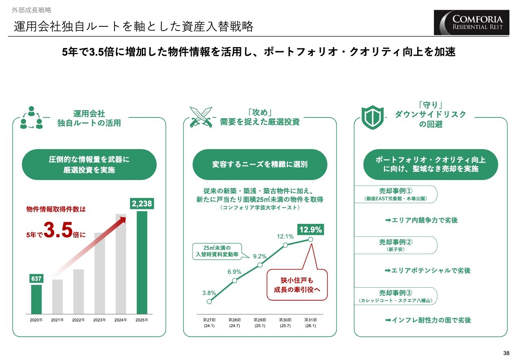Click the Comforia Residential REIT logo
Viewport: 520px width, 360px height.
(473, 23)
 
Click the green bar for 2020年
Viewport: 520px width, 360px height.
(37, 299)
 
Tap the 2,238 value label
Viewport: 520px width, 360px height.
(141, 204)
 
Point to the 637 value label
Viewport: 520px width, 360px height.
(37, 278)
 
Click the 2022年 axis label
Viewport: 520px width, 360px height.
(78, 320)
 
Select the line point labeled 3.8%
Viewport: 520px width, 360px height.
(209, 301)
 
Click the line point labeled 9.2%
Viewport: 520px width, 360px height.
(260, 265)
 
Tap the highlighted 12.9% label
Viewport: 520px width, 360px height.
(310, 230)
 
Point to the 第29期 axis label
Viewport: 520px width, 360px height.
(260, 323)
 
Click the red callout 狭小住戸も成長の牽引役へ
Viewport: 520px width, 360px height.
(297, 285)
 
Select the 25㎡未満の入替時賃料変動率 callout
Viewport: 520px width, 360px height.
(217, 251)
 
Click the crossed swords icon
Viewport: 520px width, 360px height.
(201, 116)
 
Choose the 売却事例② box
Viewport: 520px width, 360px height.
(396, 245)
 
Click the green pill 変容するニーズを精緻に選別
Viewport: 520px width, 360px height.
(260, 165)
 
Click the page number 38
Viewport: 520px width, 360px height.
(506, 352)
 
